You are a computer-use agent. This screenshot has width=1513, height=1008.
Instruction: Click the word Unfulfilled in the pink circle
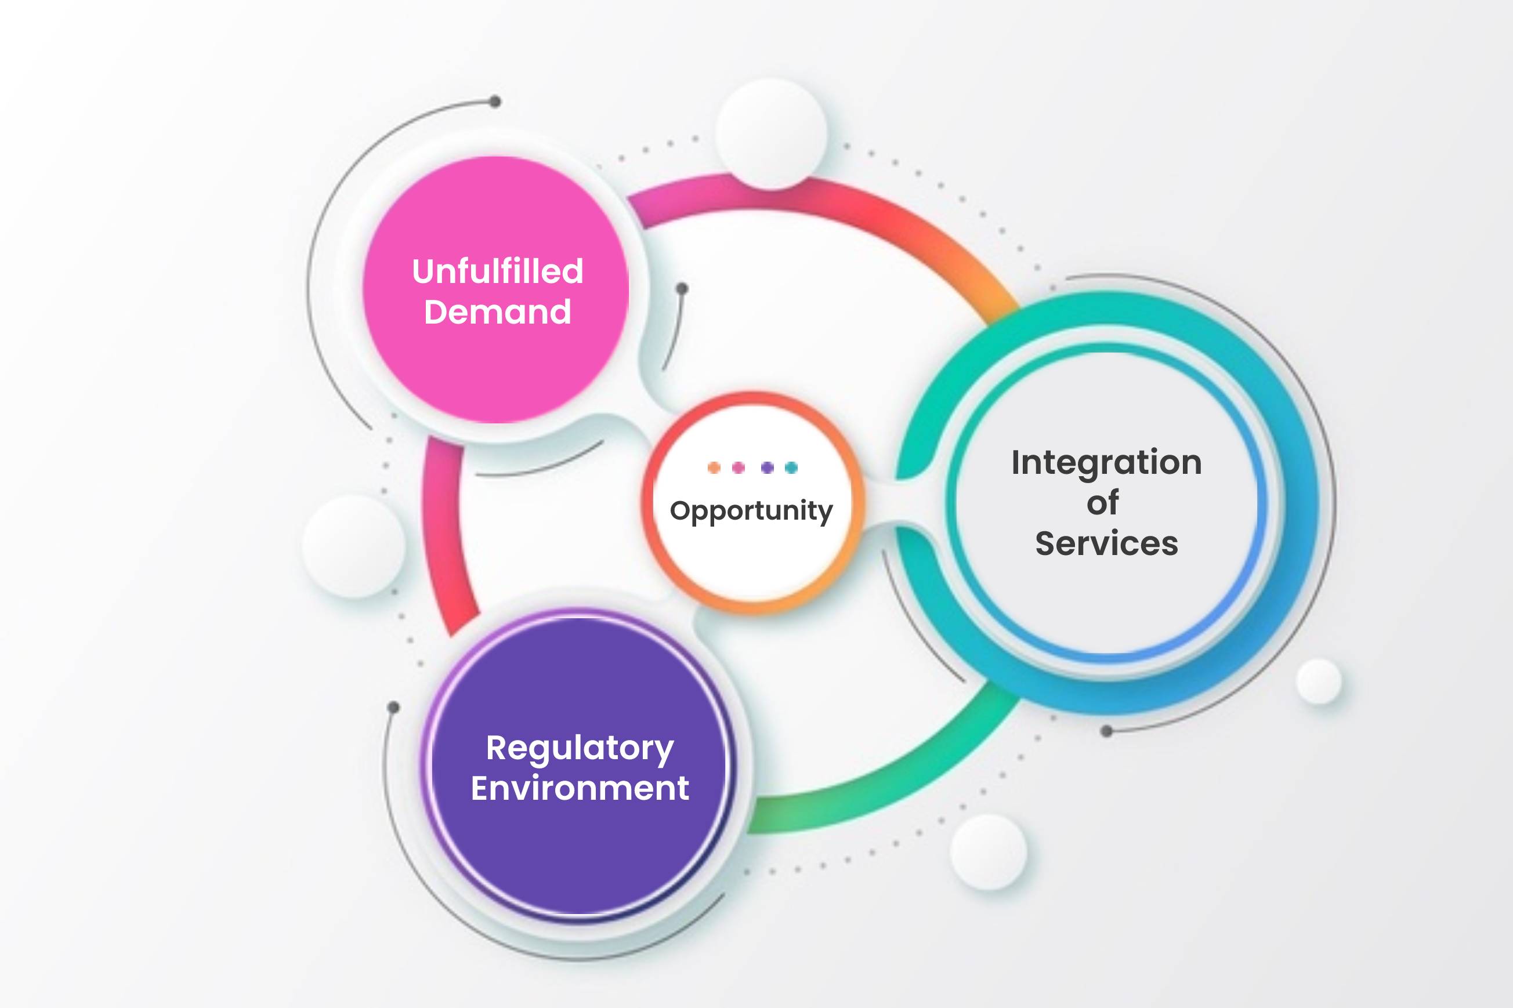point(498,271)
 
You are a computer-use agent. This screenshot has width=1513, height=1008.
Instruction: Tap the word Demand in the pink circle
point(498,312)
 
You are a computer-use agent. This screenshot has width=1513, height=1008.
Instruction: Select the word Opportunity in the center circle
point(751,512)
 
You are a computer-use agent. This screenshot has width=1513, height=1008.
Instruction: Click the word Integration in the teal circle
point(1106,463)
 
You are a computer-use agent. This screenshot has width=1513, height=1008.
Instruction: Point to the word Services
point(1106,543)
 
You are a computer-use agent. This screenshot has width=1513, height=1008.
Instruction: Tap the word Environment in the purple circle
point(580,788)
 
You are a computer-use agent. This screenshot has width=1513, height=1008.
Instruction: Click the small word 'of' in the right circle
point(1103,502)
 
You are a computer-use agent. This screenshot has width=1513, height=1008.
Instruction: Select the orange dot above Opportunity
point(714,467)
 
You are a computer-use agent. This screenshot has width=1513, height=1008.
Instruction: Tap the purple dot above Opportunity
point(767,467)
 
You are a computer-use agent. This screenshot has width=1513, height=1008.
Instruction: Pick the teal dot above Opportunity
point(791,467)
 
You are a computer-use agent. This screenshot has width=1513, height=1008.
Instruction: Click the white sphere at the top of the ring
point(771,134)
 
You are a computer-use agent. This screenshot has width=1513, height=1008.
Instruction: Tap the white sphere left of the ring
point(354,546)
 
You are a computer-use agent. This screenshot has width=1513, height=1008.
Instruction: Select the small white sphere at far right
point(1319,681)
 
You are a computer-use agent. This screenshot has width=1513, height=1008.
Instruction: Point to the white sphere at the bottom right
point(989,852)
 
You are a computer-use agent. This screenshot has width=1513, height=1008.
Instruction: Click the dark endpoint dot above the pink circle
point(495,101)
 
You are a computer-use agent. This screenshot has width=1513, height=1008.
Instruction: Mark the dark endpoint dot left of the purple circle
point(393,708)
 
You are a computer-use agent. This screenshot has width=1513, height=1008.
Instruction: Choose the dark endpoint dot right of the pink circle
point(682,289)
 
